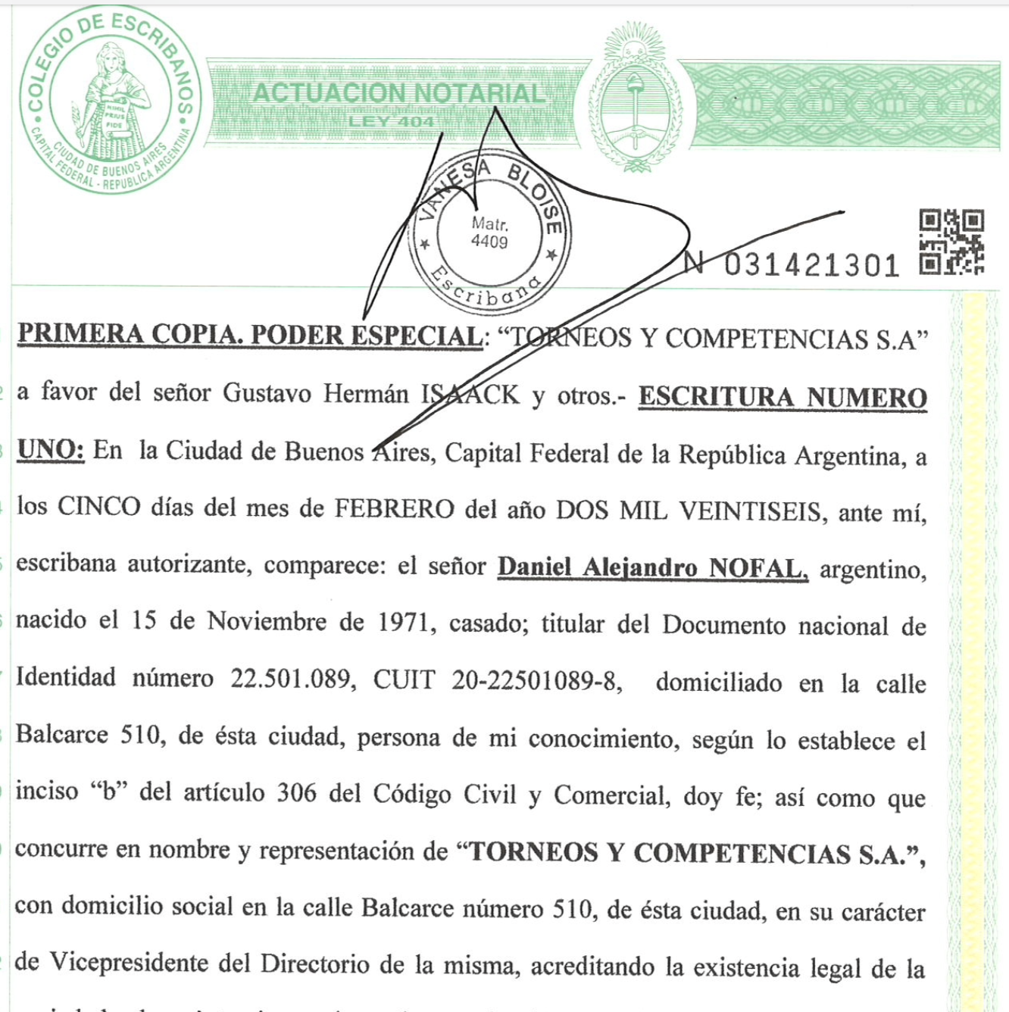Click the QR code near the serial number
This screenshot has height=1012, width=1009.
pos(951,242)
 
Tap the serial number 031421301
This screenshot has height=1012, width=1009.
pos(811,266)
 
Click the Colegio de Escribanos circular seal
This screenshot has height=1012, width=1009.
pos(110,102)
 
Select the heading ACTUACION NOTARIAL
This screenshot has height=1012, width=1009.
pos(398,93)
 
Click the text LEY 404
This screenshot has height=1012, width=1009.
pos(391,121)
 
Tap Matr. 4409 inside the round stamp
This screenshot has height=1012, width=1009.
pos(489,233)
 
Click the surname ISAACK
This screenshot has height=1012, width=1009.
pos(470,395)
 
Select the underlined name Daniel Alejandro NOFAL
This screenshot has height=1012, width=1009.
pos(652,567)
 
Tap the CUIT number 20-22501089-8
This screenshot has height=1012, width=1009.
pos(536,680)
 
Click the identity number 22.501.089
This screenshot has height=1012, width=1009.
pos(292,679)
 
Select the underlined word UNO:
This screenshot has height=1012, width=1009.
pos(50,450)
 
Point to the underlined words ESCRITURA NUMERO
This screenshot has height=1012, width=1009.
pos(783,398)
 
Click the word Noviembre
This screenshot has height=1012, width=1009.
pos(267,622)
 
